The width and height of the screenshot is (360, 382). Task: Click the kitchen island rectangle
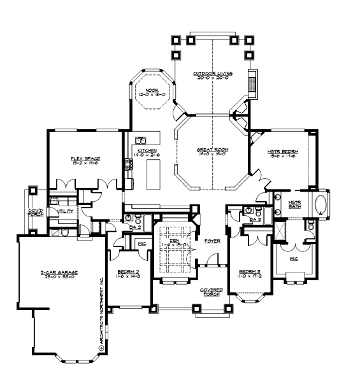tap(153, 175)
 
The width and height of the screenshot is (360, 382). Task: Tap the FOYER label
tap(212, 241)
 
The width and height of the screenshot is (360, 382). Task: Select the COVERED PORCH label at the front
tap(212, 292)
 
